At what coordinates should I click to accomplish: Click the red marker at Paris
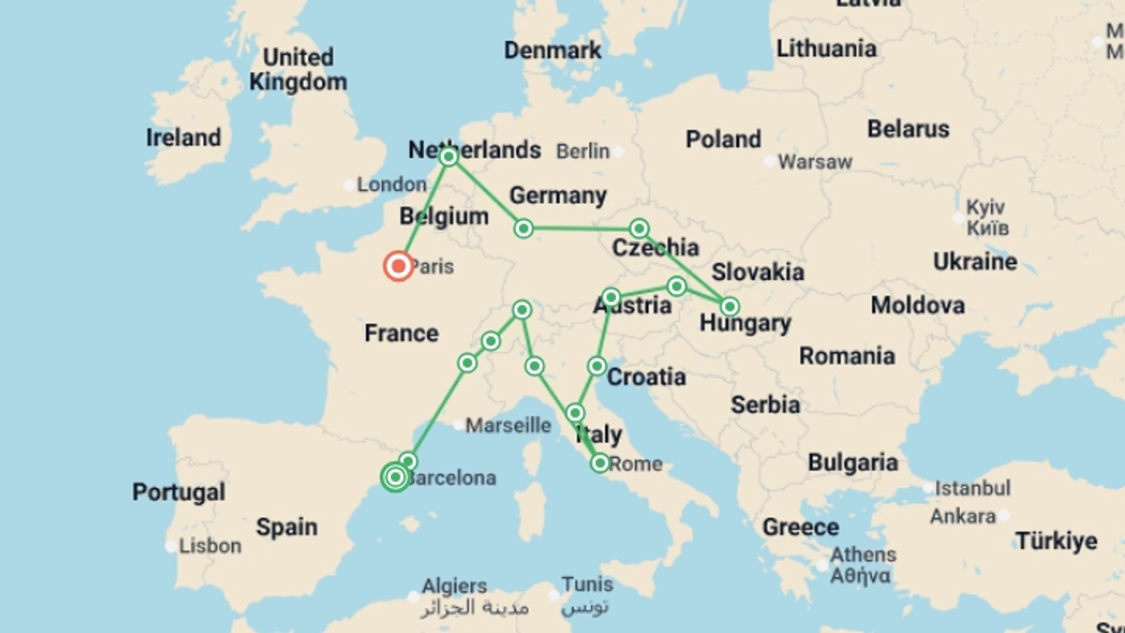398,266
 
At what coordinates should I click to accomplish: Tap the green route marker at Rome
599,464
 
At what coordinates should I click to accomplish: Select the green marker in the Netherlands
448,157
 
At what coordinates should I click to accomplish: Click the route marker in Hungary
729,306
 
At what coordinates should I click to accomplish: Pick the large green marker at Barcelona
396,477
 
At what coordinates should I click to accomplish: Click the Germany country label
558,195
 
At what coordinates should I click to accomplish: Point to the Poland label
723,139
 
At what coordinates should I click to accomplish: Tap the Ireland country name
183,138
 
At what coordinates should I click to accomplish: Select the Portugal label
179,492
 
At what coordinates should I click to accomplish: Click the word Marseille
508,425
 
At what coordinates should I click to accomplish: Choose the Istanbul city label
973,488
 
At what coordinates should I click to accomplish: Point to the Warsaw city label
814,162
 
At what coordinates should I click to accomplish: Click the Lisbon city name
210,546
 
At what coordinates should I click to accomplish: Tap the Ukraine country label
975,261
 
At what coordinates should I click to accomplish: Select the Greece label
800,527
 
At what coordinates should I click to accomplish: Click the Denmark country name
553,50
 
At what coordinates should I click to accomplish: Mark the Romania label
847,356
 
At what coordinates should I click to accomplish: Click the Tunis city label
587,584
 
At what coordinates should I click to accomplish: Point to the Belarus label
908,129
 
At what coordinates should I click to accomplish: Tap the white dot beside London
349,185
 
